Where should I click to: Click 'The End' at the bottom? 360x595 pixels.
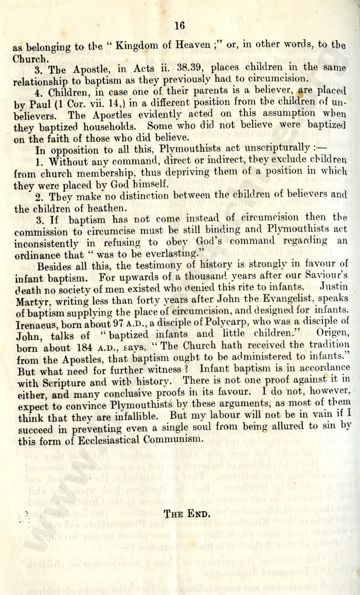[187, 497]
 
